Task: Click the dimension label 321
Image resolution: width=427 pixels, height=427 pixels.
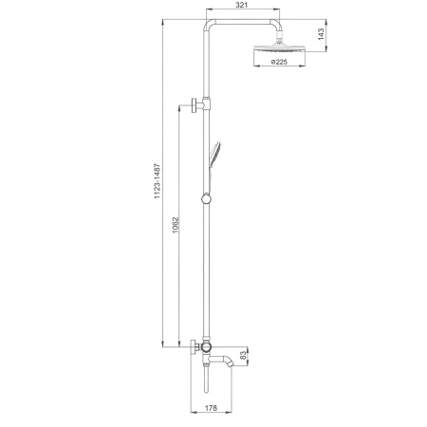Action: pos(242,5)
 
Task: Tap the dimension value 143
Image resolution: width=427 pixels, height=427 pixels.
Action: pos(321,34)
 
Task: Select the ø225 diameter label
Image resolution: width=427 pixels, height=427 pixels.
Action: pos(279,62)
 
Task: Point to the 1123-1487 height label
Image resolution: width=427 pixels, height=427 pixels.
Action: pos(158,181)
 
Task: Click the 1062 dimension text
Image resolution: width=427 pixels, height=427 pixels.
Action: pos(176,225)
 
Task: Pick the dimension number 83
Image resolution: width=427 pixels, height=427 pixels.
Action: pos(243,355)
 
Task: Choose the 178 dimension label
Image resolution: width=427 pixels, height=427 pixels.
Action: pos(211,408)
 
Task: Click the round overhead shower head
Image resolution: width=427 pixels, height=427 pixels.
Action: pos(280,48)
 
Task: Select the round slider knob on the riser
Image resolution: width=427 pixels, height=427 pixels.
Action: pos(206,199)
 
